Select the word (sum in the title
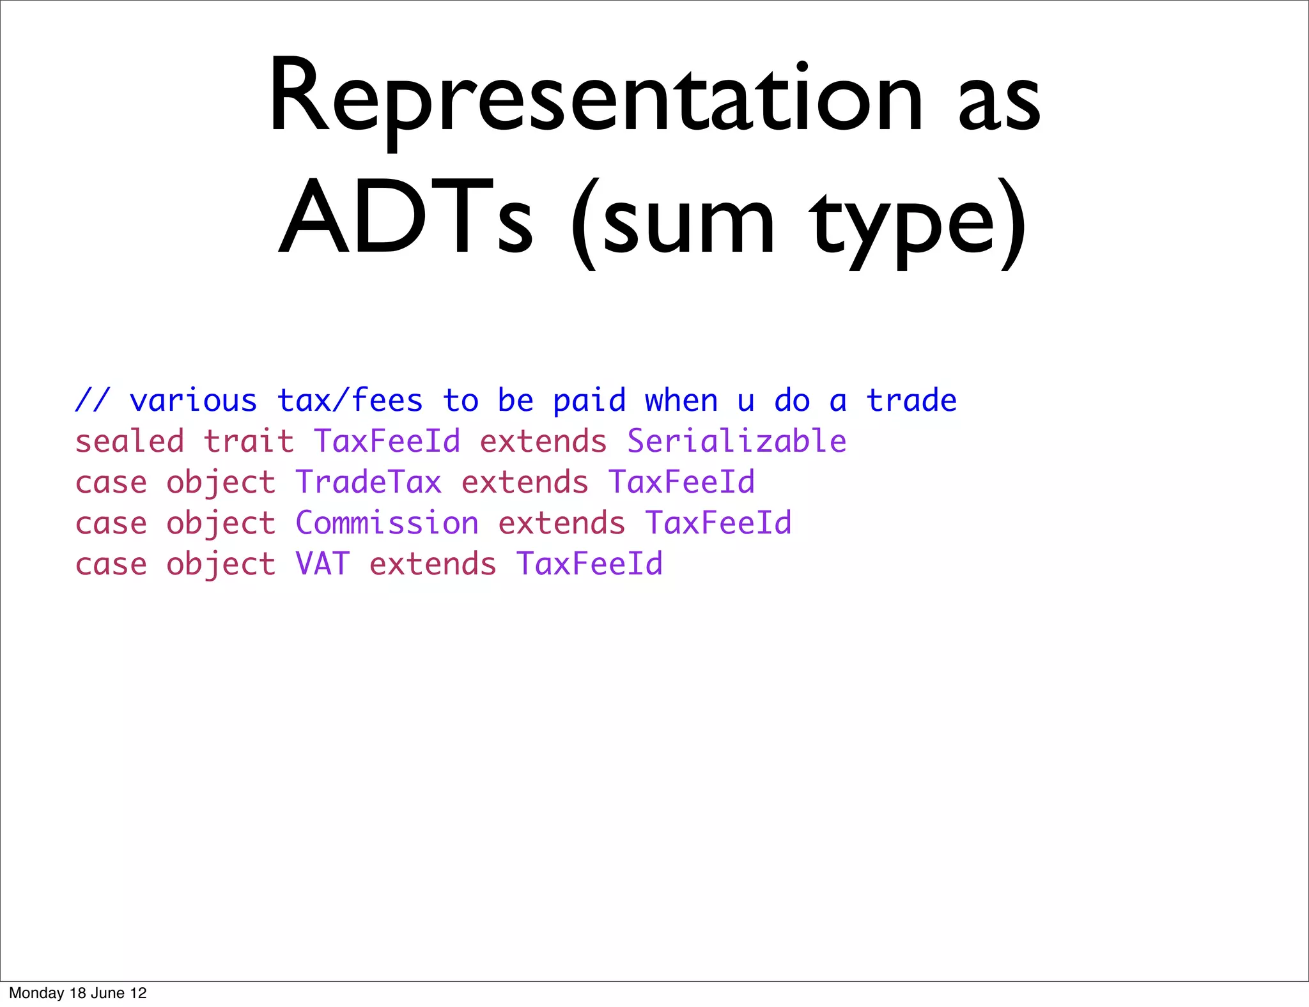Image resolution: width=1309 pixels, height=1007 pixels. (672, 220)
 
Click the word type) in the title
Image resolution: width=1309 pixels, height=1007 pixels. (917, 220)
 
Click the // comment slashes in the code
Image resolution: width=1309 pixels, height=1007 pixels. (93, 401)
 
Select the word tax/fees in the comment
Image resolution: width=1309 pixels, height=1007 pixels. (350, 401)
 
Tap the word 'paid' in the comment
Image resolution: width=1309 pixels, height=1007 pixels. (589, 401)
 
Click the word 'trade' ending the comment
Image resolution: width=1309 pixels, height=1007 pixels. (911, 401)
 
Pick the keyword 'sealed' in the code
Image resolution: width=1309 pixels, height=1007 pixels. (130, 442)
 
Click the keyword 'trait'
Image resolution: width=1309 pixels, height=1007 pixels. (249, 442)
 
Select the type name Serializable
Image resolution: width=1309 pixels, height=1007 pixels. (736, 442)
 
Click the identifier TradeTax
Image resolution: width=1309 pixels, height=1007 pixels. (368, 482)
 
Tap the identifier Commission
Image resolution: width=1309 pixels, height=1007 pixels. (387, 523)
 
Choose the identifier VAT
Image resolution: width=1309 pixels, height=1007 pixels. (322, 564)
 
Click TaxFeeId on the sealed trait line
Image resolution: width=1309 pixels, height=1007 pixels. (387, 442)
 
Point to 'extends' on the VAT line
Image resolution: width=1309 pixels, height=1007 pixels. (433, 564)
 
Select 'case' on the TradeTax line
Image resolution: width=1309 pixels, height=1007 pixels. (111, 482)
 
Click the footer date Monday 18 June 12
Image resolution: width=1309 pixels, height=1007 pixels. (78, 993)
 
